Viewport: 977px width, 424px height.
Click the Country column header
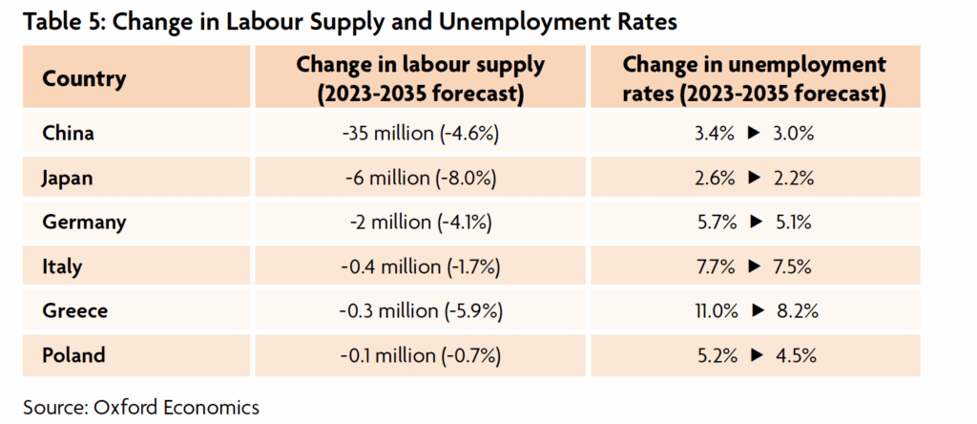(x=84, y=78)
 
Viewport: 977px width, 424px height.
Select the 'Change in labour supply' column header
(x=421, y=78)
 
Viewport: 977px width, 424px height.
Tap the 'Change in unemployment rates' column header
(x=754, y=78)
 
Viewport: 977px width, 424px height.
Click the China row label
(x=69, y=134)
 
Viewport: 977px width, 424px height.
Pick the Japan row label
(x=69, y=179)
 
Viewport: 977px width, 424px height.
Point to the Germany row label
(x=84, y=223)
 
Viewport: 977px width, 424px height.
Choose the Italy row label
(x=62, y=267)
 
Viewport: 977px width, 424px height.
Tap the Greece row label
(x=74, y=311)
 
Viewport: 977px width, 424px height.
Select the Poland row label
(x=73, y=356)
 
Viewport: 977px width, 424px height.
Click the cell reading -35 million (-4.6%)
(x=421, y=134)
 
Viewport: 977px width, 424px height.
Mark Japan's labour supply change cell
(x=421, y=179)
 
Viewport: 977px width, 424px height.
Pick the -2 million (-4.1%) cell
(x=421, y=223)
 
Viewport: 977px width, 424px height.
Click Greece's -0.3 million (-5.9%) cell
(x=421, y=311)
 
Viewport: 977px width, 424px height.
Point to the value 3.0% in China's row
(x=794, y=134)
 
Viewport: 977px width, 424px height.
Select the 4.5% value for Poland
(x=794, y=356)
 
